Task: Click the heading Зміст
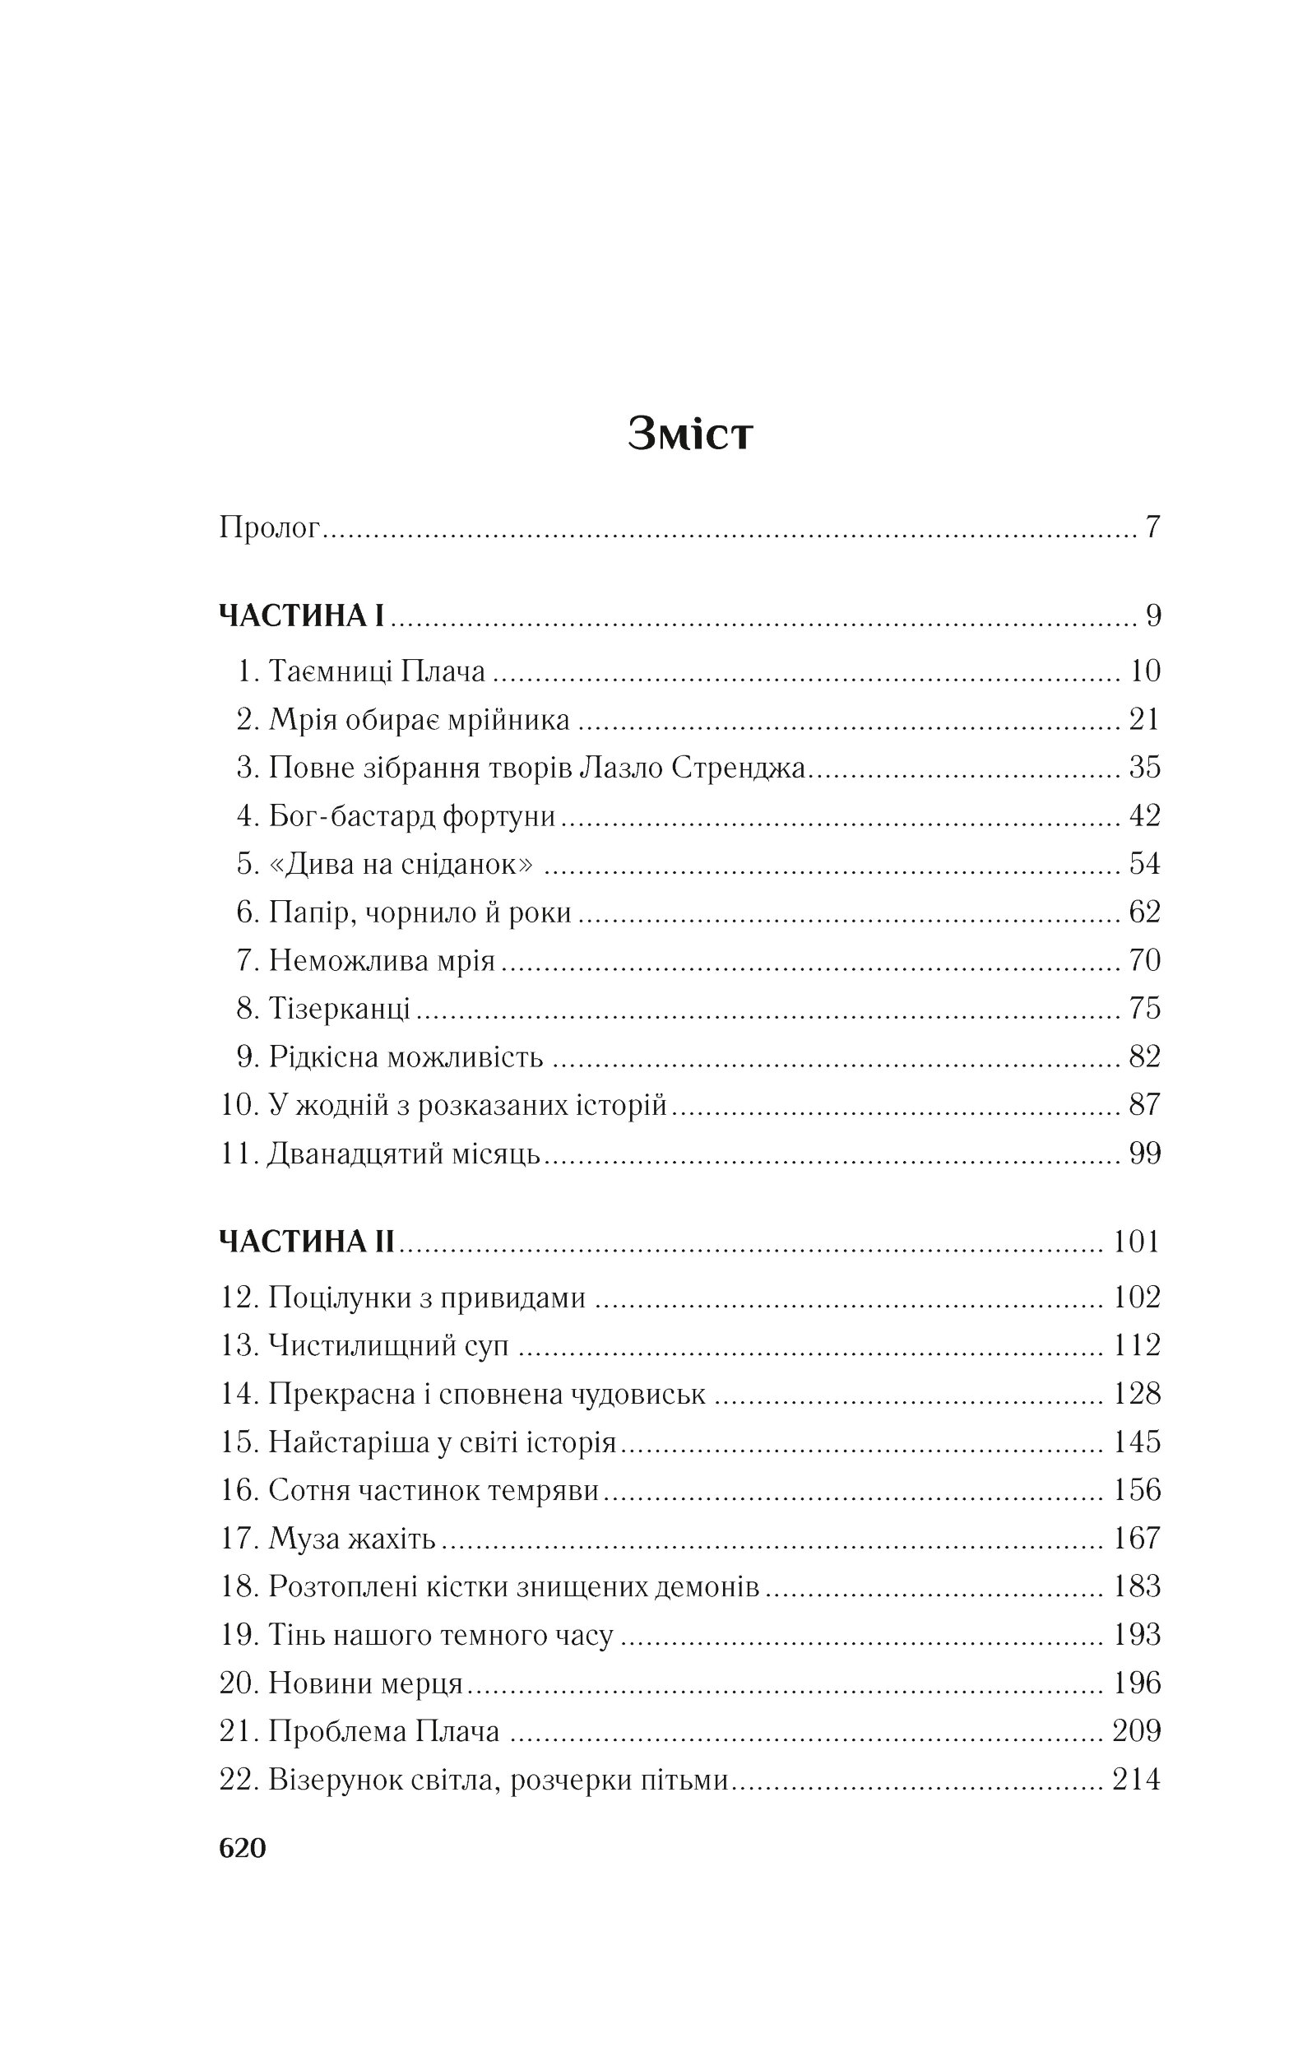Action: click(690, 433)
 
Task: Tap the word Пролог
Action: click(269, 527)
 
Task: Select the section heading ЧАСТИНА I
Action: click(303, 615)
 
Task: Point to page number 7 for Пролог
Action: click(1152, 527)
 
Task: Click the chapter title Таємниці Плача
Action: click(377, 671)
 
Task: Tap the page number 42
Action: click(1144, 815)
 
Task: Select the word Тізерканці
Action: click(340, 1008)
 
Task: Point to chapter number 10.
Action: click(239, 1104)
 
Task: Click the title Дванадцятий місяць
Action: click(404, 1154)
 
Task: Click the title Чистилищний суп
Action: click(388, 1345)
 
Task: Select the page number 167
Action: click(1136, 1538)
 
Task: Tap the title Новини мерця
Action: click(365, 1683)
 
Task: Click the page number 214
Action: click(1136, 1780)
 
